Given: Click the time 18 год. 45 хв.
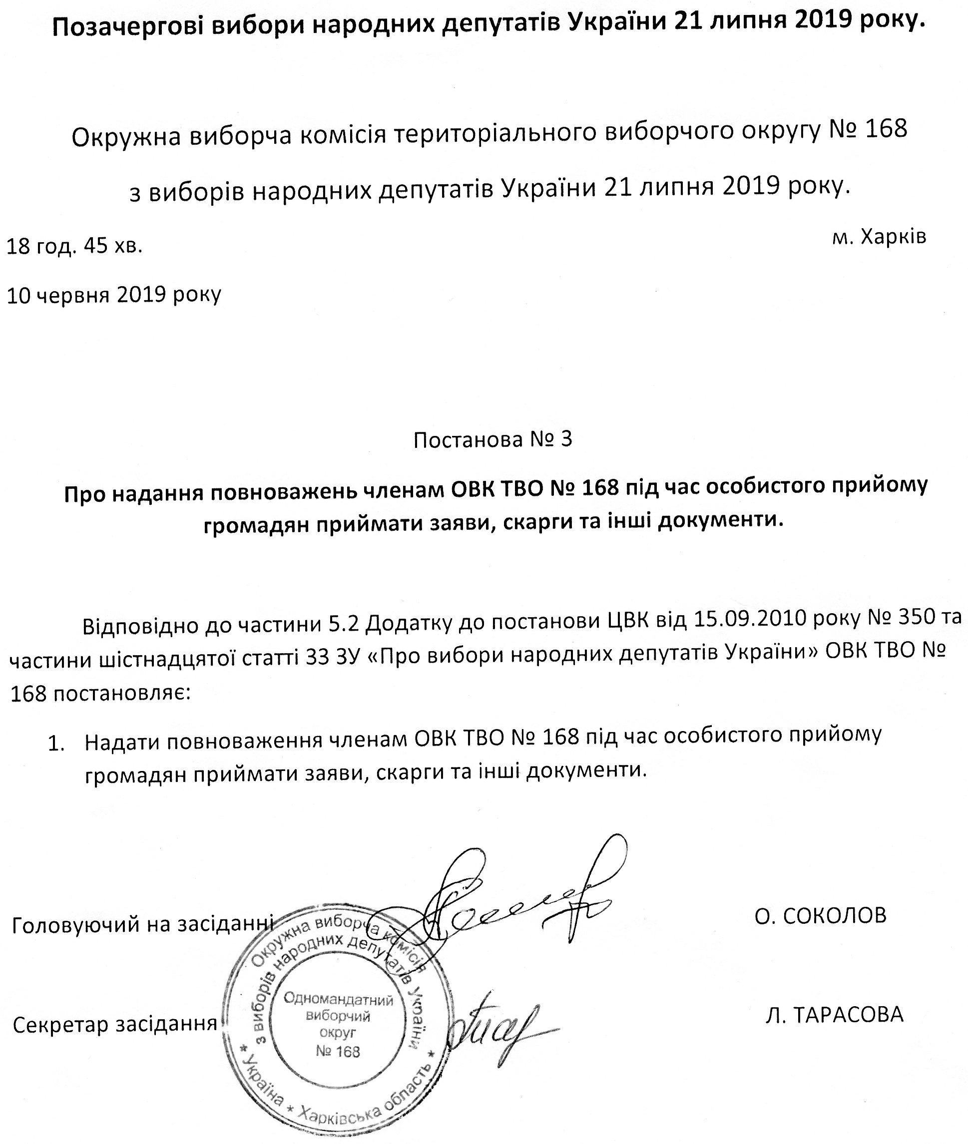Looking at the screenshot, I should coord(74,246).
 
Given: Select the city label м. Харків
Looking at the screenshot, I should coord(879,237).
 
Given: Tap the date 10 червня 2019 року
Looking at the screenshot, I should coord(113,295).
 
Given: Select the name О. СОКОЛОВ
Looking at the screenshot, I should coord(820,916).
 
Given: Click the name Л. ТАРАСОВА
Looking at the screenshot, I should coord(834,1015).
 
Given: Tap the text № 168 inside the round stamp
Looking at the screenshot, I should coord(338,1051).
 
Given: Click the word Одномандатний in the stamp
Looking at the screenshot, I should coord(339,1000).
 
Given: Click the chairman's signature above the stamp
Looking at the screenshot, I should coord(521,900).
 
